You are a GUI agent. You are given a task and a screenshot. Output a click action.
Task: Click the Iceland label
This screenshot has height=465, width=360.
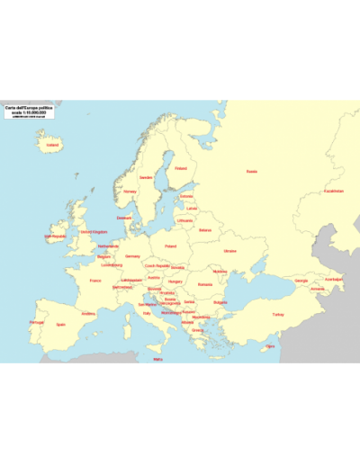[52, 144]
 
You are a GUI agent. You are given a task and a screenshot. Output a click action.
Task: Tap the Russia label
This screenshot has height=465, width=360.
[251, 171]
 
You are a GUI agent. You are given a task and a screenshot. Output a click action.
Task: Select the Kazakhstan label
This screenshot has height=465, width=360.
[334, 191]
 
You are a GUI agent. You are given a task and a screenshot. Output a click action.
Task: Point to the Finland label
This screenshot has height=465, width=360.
[181, 167]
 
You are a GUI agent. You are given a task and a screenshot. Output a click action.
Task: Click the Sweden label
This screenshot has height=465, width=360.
[146, 177]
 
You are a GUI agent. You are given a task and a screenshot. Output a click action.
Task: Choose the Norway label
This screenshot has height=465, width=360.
[130, 191]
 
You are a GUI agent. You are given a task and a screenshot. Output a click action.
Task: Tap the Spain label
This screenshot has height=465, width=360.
[61, 324]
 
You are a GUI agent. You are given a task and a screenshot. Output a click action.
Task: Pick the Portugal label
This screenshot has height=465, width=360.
[37, 322]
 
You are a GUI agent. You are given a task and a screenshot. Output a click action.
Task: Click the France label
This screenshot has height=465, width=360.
[95, 281]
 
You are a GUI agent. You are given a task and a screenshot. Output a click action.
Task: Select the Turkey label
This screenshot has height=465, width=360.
[278, 315]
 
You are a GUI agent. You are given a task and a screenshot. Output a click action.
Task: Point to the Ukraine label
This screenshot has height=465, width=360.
[229, 251]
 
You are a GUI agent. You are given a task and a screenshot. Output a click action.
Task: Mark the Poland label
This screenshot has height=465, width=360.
[170, 245]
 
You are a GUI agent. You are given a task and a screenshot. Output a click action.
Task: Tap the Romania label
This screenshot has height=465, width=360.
[205, 284]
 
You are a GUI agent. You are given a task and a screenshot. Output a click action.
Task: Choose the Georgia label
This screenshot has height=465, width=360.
[301, 281]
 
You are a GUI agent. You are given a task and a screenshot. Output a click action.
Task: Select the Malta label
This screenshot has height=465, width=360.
[158, 360]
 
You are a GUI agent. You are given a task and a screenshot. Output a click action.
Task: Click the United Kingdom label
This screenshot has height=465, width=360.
[93, 232]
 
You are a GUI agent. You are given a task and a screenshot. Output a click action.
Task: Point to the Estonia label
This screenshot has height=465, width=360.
[186, 196]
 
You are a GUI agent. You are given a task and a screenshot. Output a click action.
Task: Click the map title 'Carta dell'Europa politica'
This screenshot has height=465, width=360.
[28, 108]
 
